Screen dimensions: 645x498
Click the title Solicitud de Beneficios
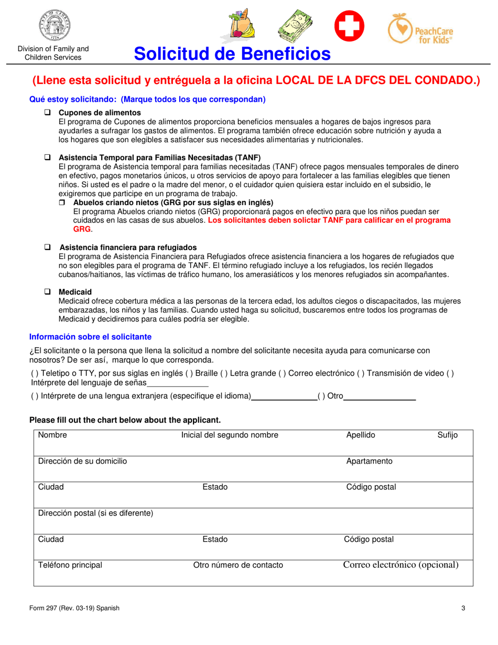pos(232,53)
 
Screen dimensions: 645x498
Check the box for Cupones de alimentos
pos(47,113)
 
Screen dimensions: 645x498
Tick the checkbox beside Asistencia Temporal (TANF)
pos(47,157)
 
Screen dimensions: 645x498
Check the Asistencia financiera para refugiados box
pos(47,247)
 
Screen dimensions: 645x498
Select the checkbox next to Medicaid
pos(47,292)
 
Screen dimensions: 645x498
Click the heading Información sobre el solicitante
pos(90,337)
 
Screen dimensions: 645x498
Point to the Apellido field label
pos(360,435)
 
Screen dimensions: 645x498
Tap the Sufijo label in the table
pos(447,435)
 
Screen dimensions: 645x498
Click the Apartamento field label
pos(369,461)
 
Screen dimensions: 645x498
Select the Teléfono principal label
pos(70,565)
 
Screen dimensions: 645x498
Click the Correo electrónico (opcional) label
pos(400,565)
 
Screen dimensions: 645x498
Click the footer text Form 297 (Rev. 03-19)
pos(73,608)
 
